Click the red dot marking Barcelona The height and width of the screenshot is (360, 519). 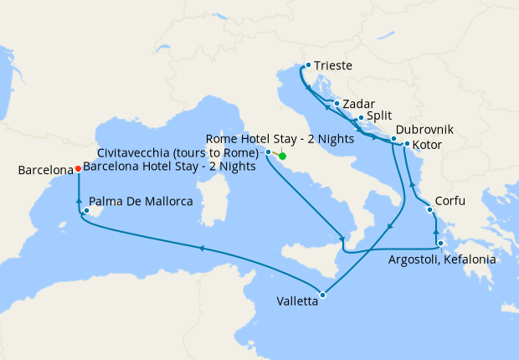[x=78, y=167]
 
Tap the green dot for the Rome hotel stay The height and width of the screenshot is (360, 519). [x=282, y=157]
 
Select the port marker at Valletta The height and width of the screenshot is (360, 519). [x=322, y=294]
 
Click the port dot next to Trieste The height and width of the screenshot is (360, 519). [x=308, y=64]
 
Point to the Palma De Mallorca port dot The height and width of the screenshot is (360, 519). [x=86, y=199]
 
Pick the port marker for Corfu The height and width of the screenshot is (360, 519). [x=435, y=203]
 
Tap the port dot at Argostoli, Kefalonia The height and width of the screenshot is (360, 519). [x=440, y=243]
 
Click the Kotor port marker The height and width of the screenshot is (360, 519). [x=407, y=144]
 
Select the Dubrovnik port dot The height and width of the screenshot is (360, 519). [x=393, y=138]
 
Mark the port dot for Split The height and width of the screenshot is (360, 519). [x=360, y=118]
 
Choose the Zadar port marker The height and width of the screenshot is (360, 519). [x=337, y=104]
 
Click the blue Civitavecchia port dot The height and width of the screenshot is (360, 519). [x=268, y=152]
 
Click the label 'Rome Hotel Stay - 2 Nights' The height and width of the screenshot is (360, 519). [x=278, y=139]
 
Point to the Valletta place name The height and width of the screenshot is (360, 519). [x=297, y=303]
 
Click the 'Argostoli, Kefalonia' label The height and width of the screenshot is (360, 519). [x=442, y=260]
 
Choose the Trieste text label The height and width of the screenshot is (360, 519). [x=333, y=64]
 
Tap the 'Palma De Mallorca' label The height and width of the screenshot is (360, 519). [x=143, y=202]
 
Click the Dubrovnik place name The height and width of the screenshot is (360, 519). [x=425, y=130]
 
